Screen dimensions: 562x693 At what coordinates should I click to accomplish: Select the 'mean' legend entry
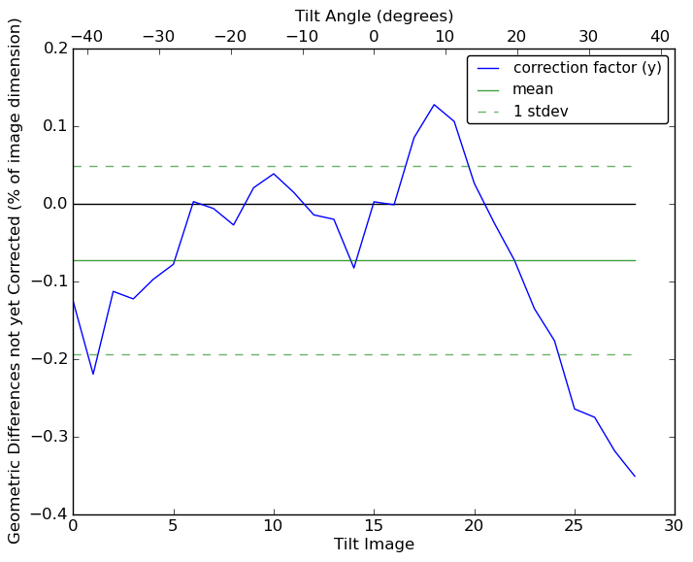coord(533,89)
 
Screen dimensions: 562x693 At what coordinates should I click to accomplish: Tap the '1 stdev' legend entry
coord(541,111)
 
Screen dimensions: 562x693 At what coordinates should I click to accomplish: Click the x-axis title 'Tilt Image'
coord(374,545)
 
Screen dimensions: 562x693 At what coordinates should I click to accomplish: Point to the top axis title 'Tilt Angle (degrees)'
coord(374,16)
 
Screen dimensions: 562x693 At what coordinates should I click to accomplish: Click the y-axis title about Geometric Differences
coord(16,281)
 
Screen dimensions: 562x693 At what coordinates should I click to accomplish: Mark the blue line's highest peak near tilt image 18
coord(434,105)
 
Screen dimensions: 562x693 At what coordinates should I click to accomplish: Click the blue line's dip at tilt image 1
coord(93,374)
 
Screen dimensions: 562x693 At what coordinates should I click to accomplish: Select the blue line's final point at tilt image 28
coord(635,476)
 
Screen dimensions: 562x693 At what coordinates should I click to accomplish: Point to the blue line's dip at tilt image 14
coord(353,268)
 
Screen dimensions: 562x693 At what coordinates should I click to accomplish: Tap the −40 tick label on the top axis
coord(86,36)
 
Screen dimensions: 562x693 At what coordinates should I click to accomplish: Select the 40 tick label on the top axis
coord(660,36)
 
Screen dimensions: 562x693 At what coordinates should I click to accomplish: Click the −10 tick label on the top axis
coord(302,36)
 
